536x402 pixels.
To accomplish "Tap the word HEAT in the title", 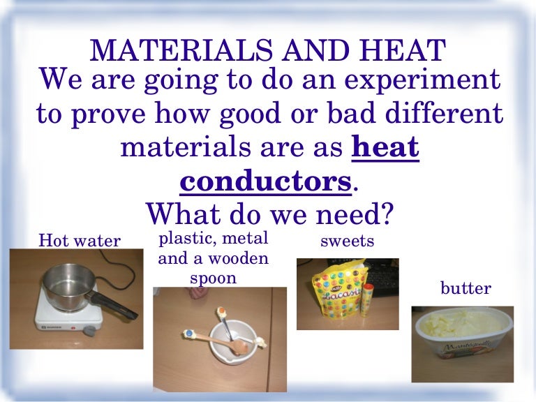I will pos(401,51).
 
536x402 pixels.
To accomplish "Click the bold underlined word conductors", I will pos(265,182).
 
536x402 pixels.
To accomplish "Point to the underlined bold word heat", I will pos(386,148).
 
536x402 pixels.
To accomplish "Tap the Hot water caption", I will pos(80,241).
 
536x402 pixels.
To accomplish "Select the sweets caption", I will pos(348,241).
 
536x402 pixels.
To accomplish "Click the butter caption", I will pos(466,288).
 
